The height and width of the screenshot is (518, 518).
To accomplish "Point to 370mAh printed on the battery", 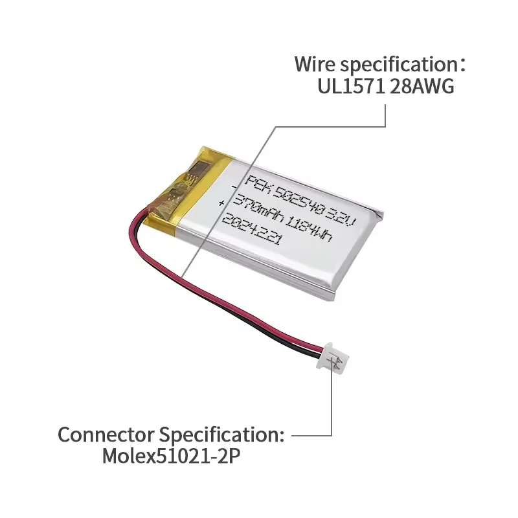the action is tap(260, 208).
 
